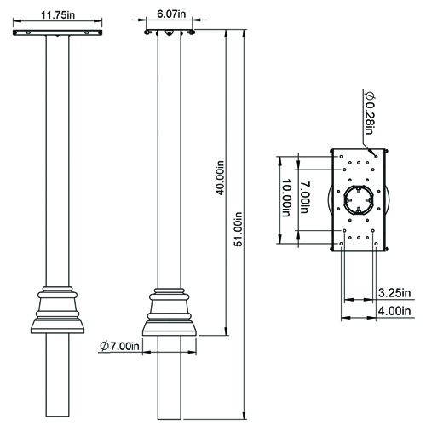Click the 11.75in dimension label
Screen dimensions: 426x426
tap(58, 14)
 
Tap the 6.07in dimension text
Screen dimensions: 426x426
tap(171, 14)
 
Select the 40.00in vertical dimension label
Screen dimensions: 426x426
tap(221, 178)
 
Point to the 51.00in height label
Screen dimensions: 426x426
tap(238, 229)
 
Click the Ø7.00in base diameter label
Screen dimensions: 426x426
tap(119, 346)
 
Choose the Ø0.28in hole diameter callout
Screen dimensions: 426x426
tap(370, 112)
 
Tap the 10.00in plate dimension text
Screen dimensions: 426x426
tap(287, 198)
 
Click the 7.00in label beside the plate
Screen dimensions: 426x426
tap(305, 197)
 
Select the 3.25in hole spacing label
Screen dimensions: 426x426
tap(394, 293)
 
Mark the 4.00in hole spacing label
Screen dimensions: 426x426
tap(394, 311)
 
